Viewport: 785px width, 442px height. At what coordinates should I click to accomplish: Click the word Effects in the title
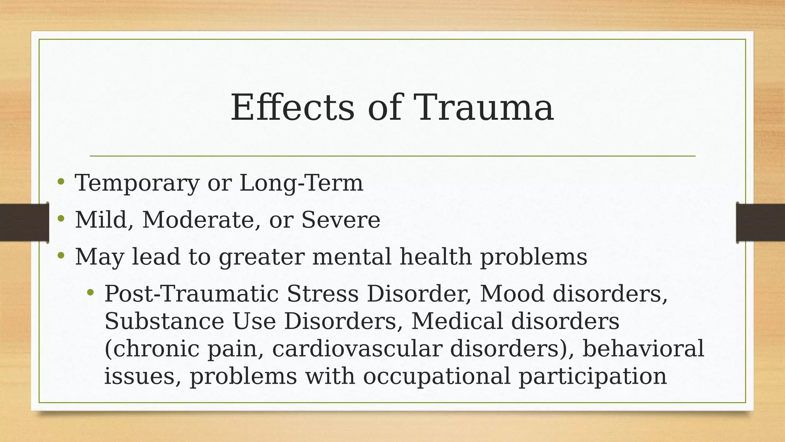coord(292,108)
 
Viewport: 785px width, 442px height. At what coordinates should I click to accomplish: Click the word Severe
coord(341,220)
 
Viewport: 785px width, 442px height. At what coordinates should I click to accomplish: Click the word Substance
coord(164,321)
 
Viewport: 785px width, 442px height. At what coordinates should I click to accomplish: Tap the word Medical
coord(457,321)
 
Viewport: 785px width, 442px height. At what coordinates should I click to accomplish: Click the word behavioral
coord(643,348)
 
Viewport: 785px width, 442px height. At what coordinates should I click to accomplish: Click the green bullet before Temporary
coord(61,182)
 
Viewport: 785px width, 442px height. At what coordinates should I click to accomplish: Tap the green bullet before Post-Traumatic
coord(90,293)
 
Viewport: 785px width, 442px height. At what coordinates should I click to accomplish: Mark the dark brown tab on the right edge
coord(760,223)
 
